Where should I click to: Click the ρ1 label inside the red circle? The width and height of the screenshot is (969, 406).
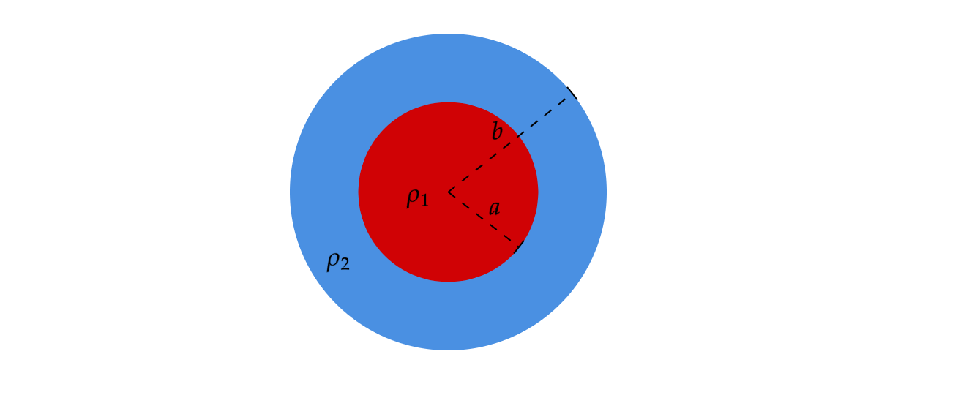[417, 198]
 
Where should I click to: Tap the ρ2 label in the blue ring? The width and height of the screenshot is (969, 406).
[338, 262]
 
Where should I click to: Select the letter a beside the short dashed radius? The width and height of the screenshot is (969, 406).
[495, 208]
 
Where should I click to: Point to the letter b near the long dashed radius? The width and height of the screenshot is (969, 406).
[497, 132]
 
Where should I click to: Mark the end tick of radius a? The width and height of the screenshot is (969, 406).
[519, 247]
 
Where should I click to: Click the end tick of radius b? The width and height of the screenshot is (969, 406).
[572, 93]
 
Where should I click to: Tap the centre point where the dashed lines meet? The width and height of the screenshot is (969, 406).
[448, 192]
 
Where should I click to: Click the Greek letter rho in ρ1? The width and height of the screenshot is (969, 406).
[414, 197]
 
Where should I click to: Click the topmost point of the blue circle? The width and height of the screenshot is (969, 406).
[448, 34]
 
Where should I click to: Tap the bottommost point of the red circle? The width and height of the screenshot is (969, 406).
[448, 281]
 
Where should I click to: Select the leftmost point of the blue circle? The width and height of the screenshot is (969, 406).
[291, 192]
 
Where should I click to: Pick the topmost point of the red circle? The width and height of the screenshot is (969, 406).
[448, 102]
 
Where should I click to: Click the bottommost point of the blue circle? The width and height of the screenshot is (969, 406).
[448, 350]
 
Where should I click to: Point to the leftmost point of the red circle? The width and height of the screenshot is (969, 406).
[359, 192]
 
